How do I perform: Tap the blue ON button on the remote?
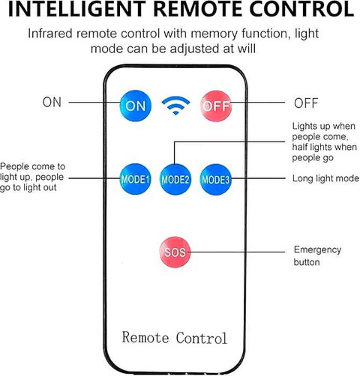click(136, 106)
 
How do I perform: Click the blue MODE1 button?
click(135, 179)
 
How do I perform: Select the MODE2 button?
click(175, 179)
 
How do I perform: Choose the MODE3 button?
click(215, 179)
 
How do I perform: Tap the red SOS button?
click(175, 252)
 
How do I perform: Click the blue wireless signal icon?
click(175, 106)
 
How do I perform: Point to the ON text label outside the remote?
click(52, 103)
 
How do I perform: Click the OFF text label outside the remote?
click(306, 103)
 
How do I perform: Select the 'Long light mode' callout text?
click(325, 178)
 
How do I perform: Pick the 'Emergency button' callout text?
click(317, 256)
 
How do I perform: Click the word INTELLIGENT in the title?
click(76, 9)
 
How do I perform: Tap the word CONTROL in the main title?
click(301, 9)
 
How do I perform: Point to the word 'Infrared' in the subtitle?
click(50, 34)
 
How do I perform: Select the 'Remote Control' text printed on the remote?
click(175, 338)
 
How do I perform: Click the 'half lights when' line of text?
click(324, 147)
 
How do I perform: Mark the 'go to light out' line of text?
click(28, 188)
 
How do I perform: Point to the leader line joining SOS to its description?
click(236, 252)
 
